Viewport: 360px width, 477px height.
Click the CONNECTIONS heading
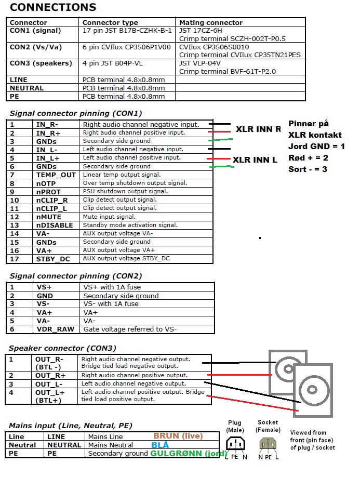click(53, 7)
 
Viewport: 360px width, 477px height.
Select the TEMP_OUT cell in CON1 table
click(56, 175)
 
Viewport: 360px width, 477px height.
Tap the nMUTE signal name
click(48, 217)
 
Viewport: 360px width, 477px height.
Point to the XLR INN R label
click(258, 129)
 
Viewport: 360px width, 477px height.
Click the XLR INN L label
click(255, 160)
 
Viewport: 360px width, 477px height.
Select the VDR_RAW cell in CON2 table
click(55, 329)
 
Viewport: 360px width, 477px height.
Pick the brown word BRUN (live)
click(178, 436)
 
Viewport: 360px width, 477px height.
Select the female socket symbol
click(268, 443)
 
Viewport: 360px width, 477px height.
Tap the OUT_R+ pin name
click(50, 375)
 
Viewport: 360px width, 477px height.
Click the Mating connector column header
click(210, 23)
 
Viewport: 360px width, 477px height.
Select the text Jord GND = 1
click(316, 147)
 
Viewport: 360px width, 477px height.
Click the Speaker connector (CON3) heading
click(62, 348)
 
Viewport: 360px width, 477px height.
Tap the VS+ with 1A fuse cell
click(112, 287)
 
